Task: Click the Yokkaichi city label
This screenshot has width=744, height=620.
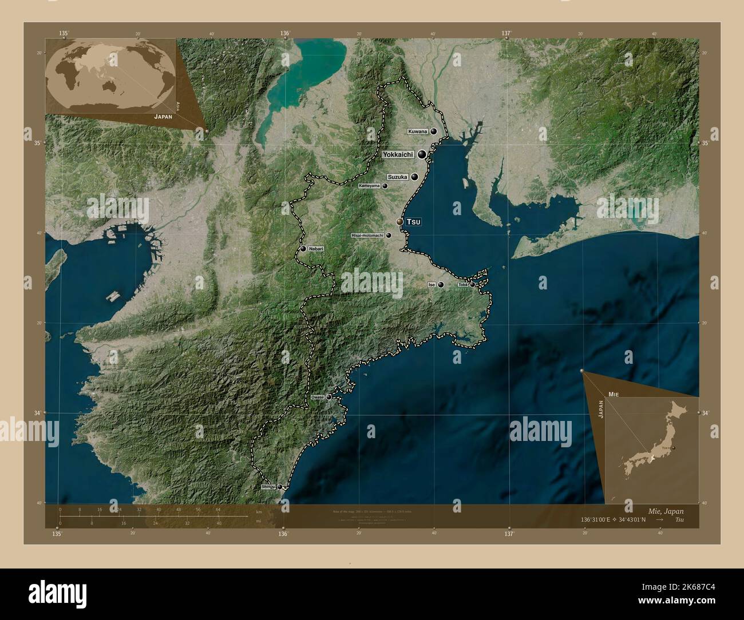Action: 398,154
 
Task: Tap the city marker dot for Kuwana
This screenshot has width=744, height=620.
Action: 434,131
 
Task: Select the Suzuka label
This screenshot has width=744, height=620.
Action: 397,177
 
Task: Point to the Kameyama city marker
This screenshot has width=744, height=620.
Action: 385,186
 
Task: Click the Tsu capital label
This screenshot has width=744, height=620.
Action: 413,222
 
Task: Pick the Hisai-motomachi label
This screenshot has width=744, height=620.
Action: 367,235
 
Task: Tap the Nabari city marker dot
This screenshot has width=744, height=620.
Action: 303,249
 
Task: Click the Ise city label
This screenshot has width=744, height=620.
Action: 432,284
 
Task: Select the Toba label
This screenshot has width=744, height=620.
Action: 462,284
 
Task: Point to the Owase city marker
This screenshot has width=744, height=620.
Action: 329,396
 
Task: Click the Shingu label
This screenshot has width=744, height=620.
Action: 267,487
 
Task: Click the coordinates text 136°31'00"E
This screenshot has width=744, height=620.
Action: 599,520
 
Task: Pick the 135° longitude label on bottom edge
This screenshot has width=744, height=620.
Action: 56,534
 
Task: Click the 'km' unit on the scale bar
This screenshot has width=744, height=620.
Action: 259,511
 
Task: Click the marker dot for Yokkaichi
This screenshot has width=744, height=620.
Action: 422,154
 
